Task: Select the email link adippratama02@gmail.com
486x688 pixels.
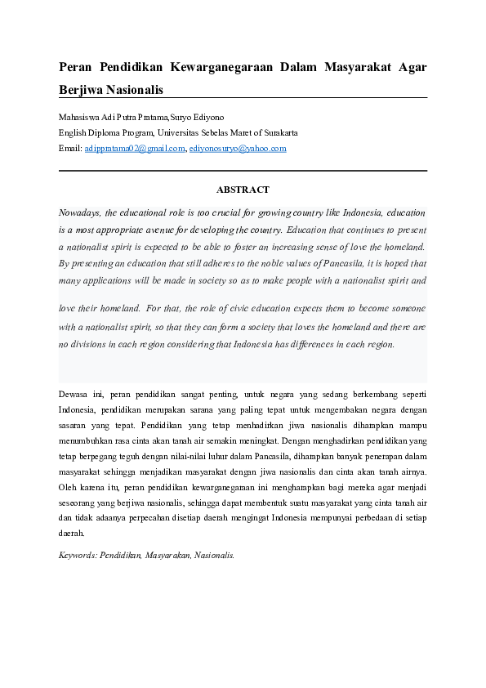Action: [135, 149]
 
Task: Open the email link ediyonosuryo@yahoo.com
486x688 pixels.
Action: [238, 149]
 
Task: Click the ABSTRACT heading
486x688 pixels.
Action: [243, 190]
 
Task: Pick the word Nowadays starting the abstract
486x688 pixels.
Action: [79, 212]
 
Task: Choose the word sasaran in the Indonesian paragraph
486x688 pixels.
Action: [74, 427]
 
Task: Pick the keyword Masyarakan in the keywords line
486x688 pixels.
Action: [173, 554]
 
